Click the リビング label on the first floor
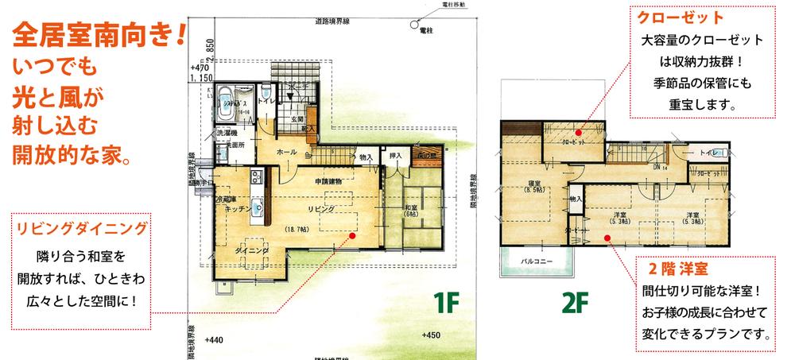tap(322, 208)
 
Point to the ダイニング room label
tap(252, 251)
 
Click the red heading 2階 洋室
tap(679, 267)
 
